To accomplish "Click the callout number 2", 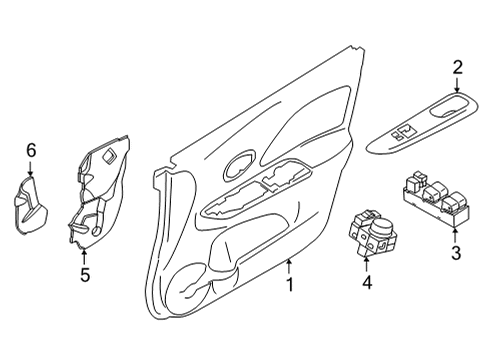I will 457,68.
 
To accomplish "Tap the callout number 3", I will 455,254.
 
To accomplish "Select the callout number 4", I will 367,284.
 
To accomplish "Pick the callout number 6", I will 31,151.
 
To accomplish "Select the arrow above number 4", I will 367,263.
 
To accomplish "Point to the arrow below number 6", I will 31,171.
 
